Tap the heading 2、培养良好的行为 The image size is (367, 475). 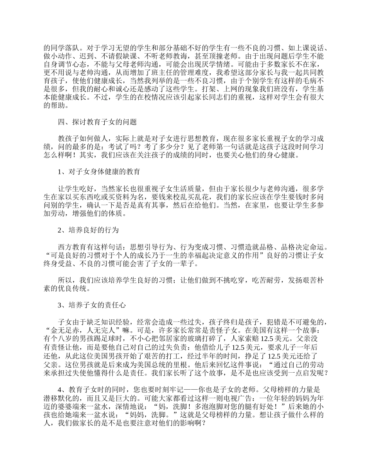88,230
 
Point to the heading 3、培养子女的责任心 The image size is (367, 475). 92,305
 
